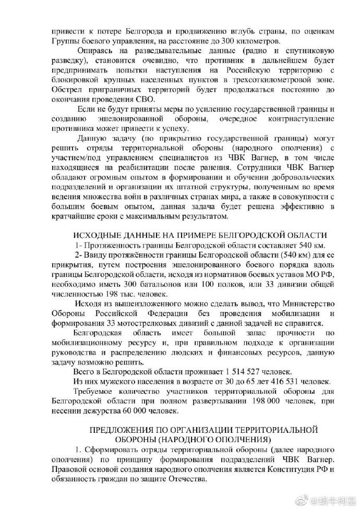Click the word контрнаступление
tap(304, 119)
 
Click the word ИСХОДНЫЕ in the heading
tap(98, 235)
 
